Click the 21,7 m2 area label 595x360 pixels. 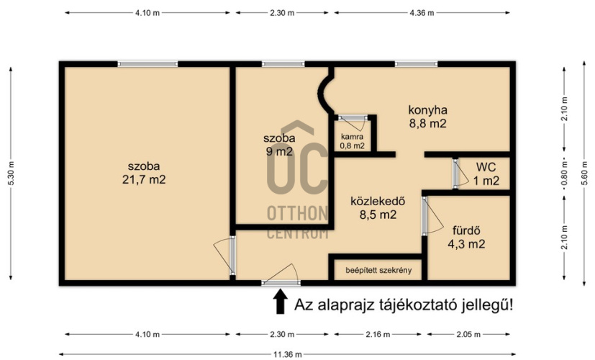click(144, 179)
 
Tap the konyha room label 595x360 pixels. click(427, 110)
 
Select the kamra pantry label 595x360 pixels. click(352, 137)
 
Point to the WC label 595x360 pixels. click(486, 167)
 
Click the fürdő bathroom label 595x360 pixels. click(466, 230)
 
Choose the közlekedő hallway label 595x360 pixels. click(378, 201)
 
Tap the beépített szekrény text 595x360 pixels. click(378, 271)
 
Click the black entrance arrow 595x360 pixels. click(280, 301)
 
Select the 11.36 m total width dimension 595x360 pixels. click(288, 355)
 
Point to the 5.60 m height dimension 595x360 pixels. click(584, 174)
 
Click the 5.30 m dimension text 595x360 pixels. click(11, 174)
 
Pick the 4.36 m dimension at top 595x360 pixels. click(422, 12)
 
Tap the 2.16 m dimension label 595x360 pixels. click(378, 335)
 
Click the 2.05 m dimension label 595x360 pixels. click(468, 335)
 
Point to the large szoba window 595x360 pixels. click(147, 64)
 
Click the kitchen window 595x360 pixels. click(416, 64)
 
